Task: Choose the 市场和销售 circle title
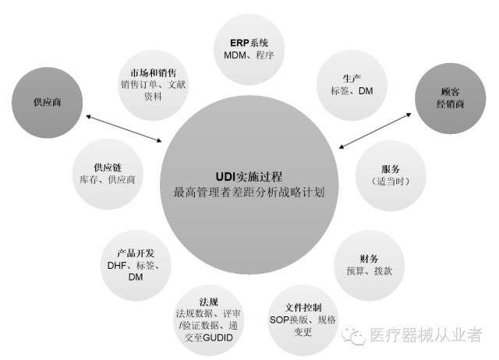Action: pos(151,72)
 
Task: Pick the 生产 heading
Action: pos(350,78)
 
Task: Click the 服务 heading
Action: pos(390,169)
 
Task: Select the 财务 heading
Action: pos(370,258)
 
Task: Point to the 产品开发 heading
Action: pos(136,253)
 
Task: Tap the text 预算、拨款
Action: pos(370,271)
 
